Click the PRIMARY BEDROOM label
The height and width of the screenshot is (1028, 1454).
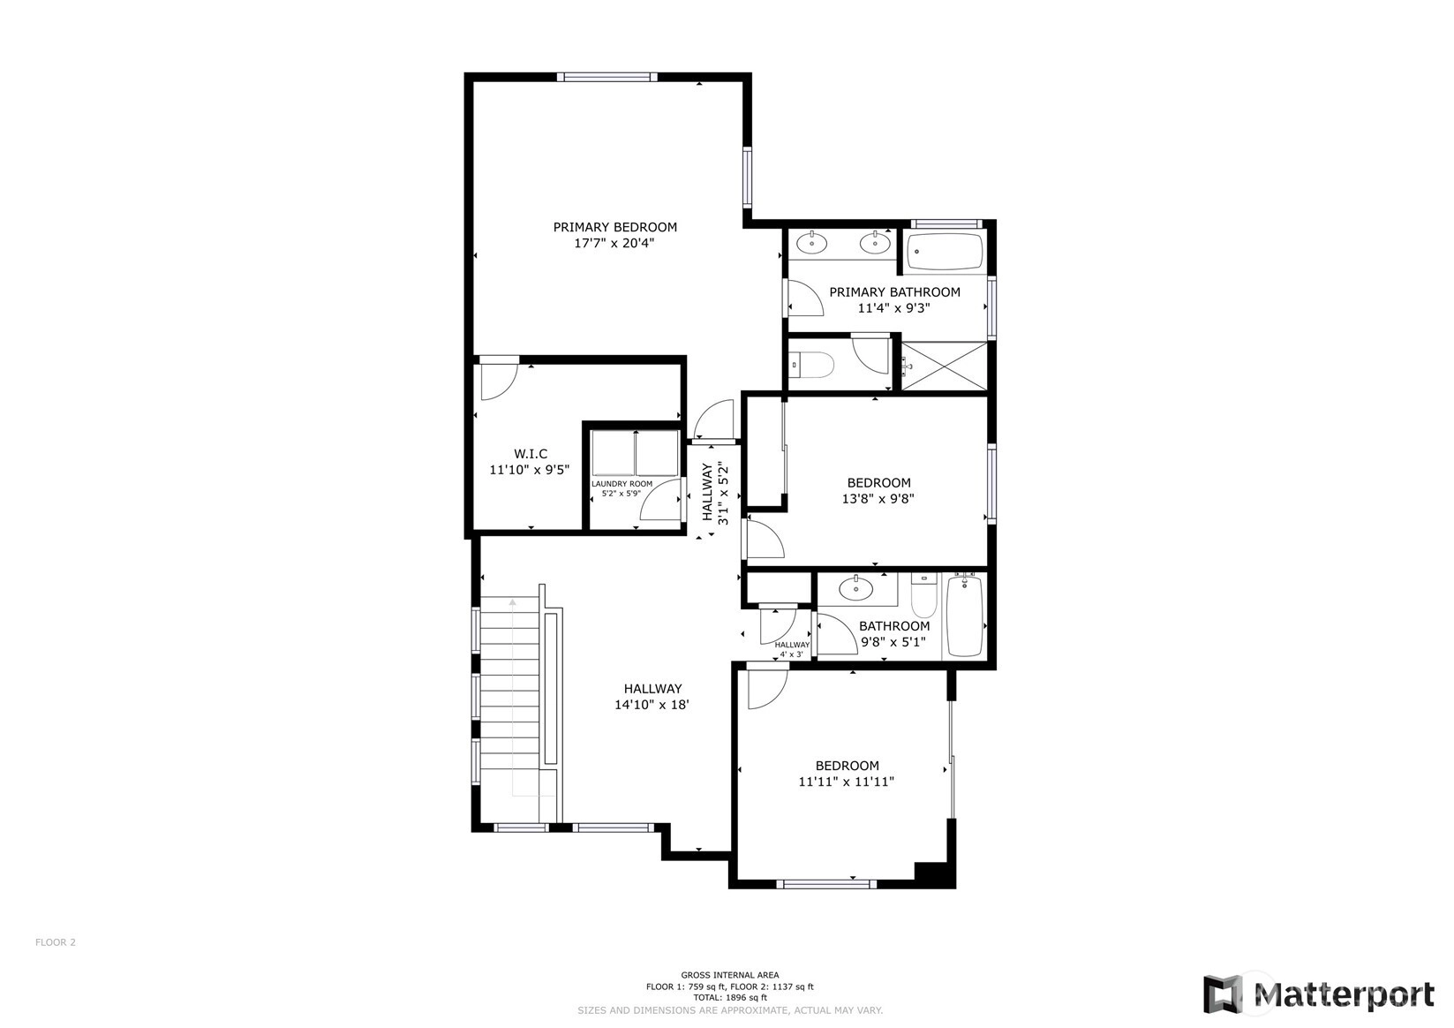tap(614, 227)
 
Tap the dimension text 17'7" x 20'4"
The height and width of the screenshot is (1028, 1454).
tap(614, 244)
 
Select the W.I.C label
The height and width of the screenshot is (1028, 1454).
tap(531, 454)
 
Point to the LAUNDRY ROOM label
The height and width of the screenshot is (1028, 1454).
tap(622, 484)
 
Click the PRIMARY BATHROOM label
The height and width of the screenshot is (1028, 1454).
tap(894, 292)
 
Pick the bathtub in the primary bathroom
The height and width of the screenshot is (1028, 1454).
tap(945, 252)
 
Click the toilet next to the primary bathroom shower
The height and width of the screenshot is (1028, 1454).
tap(812, 365)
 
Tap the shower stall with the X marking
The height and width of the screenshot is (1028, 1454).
tap(945, 367)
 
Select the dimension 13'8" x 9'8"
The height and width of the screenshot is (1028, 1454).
tap(878, 499)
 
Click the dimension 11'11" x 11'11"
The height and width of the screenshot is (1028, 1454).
tap(847, 782)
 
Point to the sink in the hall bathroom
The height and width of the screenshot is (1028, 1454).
tap(855, 589)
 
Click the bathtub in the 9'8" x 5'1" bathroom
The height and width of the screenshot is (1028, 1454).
tap(965, 616)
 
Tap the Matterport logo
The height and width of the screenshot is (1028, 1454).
tap(1319, 994)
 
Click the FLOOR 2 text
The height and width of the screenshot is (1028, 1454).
tap(55, 942)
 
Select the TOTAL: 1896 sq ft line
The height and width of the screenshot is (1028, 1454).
tap(729, 997)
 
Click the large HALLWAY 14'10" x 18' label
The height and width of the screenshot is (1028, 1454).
tap(652, 697)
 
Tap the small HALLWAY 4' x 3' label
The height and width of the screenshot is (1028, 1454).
tap(792, 649)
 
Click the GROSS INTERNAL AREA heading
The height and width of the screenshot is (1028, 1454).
tap(729, 975)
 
